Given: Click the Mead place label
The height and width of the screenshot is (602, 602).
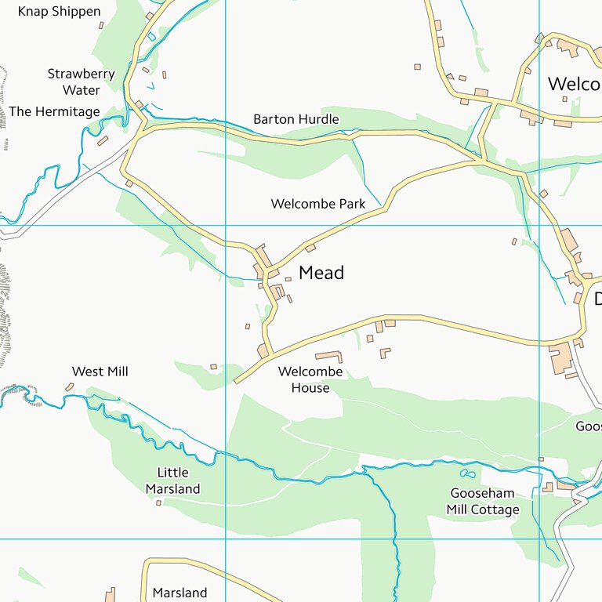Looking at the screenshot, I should (321, 273).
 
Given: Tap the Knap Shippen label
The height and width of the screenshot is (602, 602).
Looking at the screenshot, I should (60, 12).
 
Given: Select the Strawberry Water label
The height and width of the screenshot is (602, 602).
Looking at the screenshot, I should (82, 82).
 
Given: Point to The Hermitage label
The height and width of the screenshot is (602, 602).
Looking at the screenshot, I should (55, 112).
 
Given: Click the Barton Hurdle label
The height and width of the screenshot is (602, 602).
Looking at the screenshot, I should (296, 119).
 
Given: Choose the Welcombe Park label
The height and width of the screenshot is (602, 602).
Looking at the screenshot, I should (318, 204).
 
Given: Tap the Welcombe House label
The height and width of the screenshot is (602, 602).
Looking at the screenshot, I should (310, 379).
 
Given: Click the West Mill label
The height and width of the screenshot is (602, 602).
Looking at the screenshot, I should (100, 372).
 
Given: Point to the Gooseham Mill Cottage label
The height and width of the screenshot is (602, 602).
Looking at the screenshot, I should (483, 502).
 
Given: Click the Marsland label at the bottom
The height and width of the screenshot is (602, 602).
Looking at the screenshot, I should (180, 593).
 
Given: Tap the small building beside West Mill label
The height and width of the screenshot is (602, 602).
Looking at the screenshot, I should (70, 386).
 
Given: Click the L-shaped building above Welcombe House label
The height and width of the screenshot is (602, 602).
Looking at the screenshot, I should (330, 357).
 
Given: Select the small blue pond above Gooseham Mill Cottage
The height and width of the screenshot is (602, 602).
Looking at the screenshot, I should (468, 474).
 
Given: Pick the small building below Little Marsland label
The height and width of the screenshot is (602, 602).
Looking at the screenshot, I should (158, 502).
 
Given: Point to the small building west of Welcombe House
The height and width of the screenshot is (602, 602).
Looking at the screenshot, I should (213, 366).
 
